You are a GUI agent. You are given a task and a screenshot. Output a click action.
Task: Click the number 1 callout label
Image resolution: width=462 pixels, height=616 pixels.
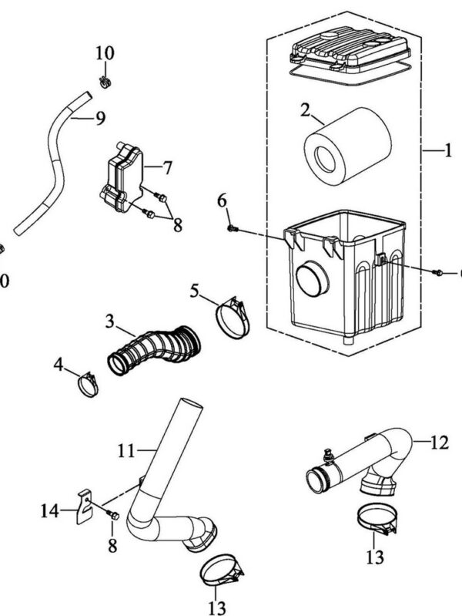(447, 151)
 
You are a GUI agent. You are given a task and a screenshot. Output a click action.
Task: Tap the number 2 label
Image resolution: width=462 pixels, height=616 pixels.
(305, 113)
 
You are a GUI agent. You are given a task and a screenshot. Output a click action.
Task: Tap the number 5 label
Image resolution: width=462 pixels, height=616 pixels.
(195, 291)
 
